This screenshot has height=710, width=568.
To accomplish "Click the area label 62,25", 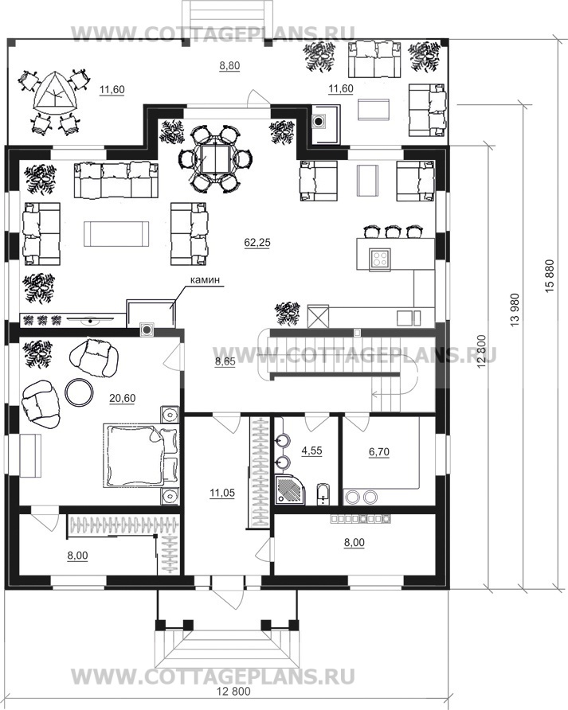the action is (257, 243).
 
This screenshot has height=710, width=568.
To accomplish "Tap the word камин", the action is (205, 280).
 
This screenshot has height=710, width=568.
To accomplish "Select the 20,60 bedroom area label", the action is (123, 398).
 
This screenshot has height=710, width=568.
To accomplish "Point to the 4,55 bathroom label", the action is (311, 451).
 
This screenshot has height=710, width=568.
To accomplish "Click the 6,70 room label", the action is (379, 451).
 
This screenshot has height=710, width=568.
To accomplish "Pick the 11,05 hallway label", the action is (222, 493).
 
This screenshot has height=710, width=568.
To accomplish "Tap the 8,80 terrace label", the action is (229, 65).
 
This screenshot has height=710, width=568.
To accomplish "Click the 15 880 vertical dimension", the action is (550, 275).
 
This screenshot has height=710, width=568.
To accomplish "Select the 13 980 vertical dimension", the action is (515, 310).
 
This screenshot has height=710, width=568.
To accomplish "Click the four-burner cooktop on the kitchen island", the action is (380, 258).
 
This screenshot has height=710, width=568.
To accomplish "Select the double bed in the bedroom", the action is (141, 455).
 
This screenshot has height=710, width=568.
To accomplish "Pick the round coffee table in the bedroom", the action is (80, 391).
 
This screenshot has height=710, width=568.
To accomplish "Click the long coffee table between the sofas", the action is (116, 234).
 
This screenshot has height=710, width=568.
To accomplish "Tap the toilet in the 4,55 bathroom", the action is (323, 495).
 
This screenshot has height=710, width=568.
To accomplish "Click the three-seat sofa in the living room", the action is (116, 180).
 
